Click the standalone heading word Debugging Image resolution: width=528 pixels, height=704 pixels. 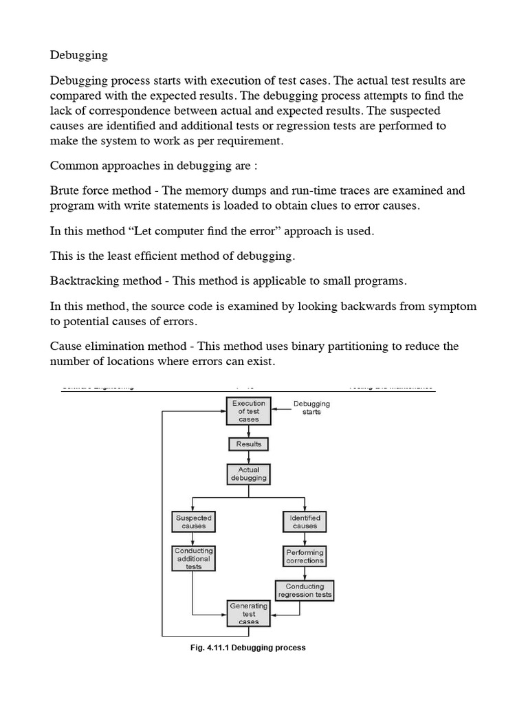pyautogui.click(x=78, y=54)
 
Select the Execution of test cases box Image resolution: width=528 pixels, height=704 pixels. pyautogui.click(x=248, y=411)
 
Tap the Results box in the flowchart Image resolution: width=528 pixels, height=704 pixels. pyautogui.click(x=248, y=444)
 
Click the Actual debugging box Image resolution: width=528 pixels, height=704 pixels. pyautogui.click(x=248, y=474)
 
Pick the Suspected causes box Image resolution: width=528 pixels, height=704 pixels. pyautogui.click(x=193, y=521)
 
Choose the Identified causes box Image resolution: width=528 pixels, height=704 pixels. pyautogui.click(x=305, y=521)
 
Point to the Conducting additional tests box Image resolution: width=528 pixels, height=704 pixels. pyautogui.click(x=193, y=558)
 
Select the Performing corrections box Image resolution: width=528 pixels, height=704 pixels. pyautogui.click(x=305, y=556)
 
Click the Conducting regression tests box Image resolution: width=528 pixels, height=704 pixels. pyautogui.click(x=305, y=591)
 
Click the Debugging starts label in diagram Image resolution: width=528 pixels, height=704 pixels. pyautogui.click(x=311, y=408)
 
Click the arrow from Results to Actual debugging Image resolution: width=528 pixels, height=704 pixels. pyautogui.click(x=248, y=457)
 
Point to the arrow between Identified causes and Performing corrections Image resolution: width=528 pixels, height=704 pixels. pyautogui.click(x=305, y=538)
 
